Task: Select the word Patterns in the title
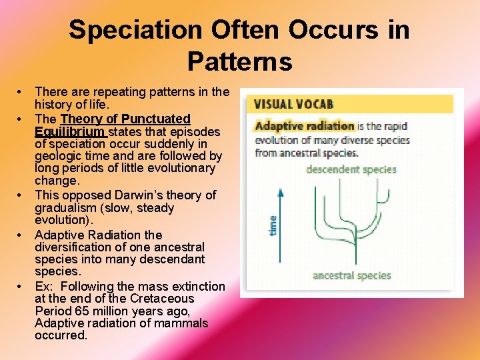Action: pos(239,61)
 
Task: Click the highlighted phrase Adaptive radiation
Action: pos(304,125)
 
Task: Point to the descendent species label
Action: pos(351,169)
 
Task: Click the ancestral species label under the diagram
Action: pos(351,275)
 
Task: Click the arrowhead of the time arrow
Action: pos(281,193)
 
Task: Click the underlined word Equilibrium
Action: pos(69,131)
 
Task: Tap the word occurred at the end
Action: pos(61,335)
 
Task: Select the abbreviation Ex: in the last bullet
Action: pos(45,287)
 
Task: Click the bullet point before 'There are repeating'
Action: pos(22,91)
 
